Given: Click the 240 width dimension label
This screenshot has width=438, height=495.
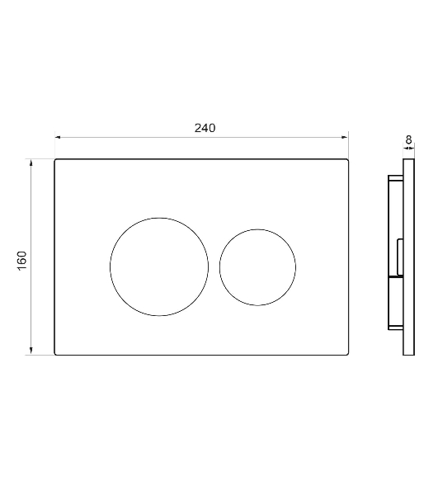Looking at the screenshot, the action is (x=205, y=128).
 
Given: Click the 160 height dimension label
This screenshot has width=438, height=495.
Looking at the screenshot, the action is (x=22, y=261).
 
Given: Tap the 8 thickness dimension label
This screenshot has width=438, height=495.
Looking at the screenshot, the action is (x=408, y=139).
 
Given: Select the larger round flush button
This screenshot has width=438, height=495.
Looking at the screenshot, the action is (x=111, y=266).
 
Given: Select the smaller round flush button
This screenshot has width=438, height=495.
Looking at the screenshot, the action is (x=219, y=267).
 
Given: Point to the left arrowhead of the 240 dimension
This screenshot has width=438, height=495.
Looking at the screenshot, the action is (x=58, y=137).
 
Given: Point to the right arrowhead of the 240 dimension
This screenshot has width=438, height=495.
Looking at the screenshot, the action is (x=345, y=137).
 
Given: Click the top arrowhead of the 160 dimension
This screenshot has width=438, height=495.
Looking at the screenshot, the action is (x=31, y=163).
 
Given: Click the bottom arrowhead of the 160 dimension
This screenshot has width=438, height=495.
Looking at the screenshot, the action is (x=31, y=351).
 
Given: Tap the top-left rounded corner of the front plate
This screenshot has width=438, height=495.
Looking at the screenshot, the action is (x=55, y=160).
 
